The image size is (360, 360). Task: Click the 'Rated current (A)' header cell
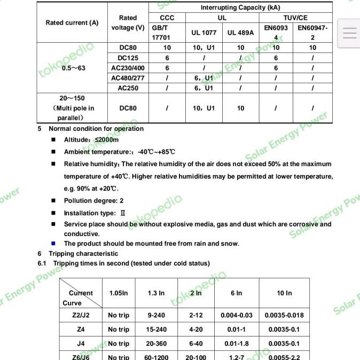coord(72,23)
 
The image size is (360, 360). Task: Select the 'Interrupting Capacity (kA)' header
coord(240,7)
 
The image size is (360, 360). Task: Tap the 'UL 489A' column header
coord(240,33)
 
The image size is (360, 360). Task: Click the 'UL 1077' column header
coord(204,33)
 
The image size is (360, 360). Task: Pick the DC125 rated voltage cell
coord(128,58)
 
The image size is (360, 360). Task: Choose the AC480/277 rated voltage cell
coord(128,78)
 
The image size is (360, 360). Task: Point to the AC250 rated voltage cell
coord(128,88)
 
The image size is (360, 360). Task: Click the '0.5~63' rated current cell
coord(74,68)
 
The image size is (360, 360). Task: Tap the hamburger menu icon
coord(349,33)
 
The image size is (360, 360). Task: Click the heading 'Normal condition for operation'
coord(96,129)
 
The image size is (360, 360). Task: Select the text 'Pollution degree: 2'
coord(93,201)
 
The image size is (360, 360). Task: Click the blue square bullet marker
coord(53,244)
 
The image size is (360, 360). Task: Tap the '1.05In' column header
coord(119,293)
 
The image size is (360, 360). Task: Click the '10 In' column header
coord(284,293)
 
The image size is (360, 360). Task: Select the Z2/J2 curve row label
coord(81,315)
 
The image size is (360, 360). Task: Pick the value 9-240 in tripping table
coord(156,315)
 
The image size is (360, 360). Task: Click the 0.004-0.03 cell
coord(236,315)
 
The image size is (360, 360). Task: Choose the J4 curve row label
coord(81,343)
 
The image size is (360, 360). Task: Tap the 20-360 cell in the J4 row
coord(156,343)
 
